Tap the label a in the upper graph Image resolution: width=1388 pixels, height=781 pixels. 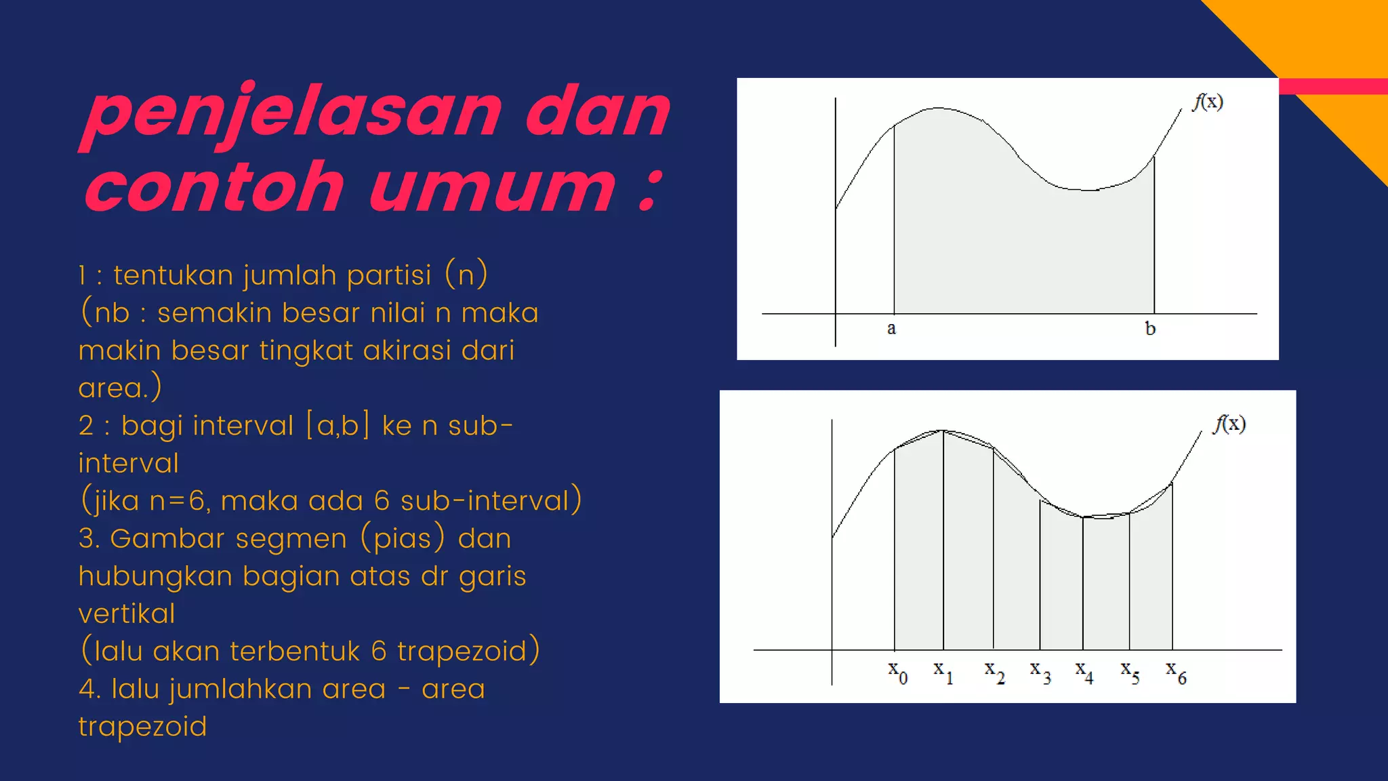pyautogui.click(x=891, y=329)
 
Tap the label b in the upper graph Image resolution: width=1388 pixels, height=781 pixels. pyautogui.click(x=1150, y=329)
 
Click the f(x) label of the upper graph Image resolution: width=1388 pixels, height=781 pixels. pyautogui.click(x=1208, y=102)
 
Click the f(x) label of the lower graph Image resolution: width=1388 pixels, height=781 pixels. pyautogui.click(x=1230, y=424)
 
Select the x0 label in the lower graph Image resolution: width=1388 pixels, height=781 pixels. pyautogui.click(x=898, y=673)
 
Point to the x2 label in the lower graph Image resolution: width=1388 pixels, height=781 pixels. pyautogui.click(x=994, y=673)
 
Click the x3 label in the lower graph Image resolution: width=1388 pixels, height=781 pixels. pyautogui.click(x=1040, y=673)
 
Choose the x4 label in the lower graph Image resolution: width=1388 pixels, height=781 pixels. pyautogui.click(x=1084, y=673)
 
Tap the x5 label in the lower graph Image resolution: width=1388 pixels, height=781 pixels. pyautogui.click(x=1130, y=673)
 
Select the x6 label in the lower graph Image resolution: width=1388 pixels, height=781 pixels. pyautogui.click(x=1176, y=673)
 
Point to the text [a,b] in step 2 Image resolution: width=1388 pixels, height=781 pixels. pyautogui.click(x=338, y=426)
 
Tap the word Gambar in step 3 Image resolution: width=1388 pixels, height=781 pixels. pyautogui.click(x=167, y=539)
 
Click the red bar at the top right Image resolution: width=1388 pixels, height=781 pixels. pyautogui.click(x=1332, y=86)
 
